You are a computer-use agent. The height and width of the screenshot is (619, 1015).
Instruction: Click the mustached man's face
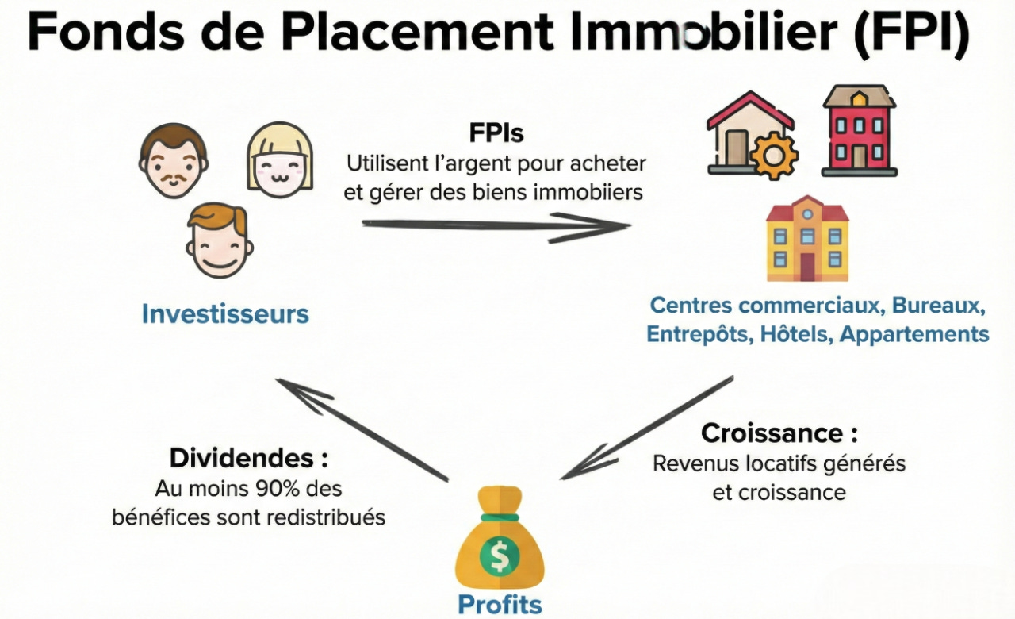click(174, 161)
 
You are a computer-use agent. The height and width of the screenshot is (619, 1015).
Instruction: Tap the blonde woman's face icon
click(280, 159)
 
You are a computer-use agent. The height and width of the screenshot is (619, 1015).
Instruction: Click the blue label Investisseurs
click(225, 313)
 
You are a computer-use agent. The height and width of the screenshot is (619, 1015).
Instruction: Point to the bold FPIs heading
click(496, 133)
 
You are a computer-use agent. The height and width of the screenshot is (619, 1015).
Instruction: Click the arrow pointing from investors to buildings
click(496, 226)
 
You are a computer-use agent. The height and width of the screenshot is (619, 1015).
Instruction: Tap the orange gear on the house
click(773, 156)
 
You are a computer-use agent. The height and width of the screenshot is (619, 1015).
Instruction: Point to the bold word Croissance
click(773, 433)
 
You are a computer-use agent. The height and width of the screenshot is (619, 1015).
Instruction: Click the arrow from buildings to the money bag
click(646, 429)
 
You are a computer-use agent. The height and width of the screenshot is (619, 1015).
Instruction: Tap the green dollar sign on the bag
click(500, 557)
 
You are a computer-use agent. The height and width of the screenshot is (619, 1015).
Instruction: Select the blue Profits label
click(500, 605)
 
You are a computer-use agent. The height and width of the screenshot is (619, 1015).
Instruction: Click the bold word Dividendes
click(243, 458)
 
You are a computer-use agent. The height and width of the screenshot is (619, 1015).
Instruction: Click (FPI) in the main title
click(911, 33)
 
